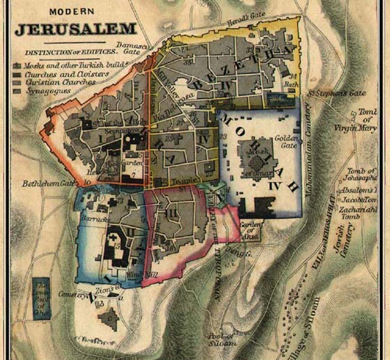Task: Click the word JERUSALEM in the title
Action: tap(76, 29)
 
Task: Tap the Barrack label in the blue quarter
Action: tap(97, 220)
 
